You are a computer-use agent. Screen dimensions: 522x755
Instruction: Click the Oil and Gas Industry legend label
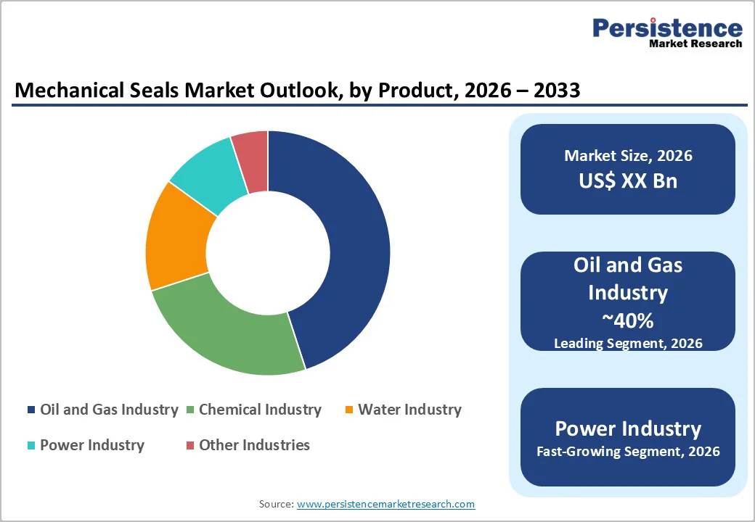(x=109, y=410)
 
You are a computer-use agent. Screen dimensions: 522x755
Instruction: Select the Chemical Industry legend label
(x=260, y=410)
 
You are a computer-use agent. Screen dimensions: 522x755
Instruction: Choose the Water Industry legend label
(x=409, y=410)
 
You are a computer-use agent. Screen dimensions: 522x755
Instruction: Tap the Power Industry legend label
(x=92, y=444)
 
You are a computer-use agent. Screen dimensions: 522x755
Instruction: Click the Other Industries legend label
(x=254, y=444)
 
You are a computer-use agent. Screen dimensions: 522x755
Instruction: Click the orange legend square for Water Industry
(x=349, y=410)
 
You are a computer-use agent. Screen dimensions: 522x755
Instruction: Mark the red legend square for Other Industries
(x=190, y=445)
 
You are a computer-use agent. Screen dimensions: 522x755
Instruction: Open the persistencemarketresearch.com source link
(x=385, y=504)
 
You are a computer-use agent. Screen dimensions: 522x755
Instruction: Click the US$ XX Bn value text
(x=628, y=181)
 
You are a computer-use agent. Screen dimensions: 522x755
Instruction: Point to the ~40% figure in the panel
(x=628, y=320)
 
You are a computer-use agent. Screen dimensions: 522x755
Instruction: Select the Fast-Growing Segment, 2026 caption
(x=628, y=452)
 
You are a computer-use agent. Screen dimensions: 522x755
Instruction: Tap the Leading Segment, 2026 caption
(x=628, y=343)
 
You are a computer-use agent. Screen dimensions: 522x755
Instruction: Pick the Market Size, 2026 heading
(x=628, y=156)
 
